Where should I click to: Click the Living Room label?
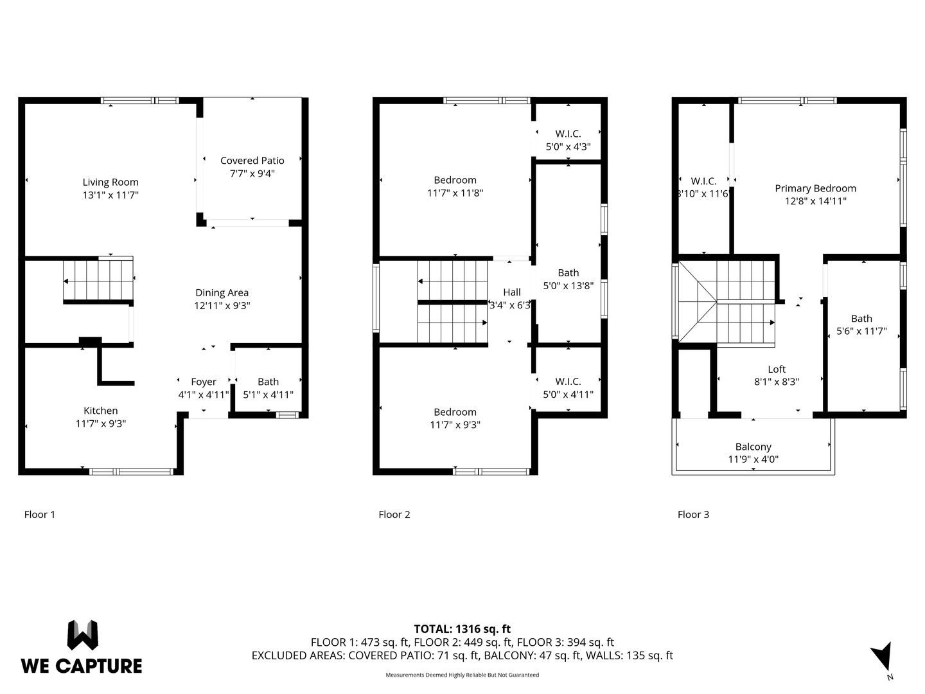(110, 182)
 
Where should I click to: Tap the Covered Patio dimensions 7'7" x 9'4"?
(252, 173)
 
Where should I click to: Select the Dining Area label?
(222, 292)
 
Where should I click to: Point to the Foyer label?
(203, 382)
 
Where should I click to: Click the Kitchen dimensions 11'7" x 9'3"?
(101, 423)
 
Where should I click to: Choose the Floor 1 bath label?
(268, 382)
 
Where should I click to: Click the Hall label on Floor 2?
(511, 292)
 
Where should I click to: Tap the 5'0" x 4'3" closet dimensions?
(568, 147)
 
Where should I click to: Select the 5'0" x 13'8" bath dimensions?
(568, 286)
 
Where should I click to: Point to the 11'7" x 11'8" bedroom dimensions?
(455, 193)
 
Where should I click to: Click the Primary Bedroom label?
(815, 188)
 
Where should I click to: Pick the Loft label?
(777, 369)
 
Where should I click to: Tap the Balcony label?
(753, 447)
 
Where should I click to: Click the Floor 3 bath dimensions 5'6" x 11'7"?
(861, 331)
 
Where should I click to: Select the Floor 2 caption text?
(394, 515)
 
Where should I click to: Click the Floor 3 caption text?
(693, 515)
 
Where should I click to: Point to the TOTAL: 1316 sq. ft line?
(463, 629)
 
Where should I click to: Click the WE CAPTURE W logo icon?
(83, 635)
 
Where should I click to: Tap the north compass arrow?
(883, 657)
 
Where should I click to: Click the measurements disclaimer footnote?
(463, 675)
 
